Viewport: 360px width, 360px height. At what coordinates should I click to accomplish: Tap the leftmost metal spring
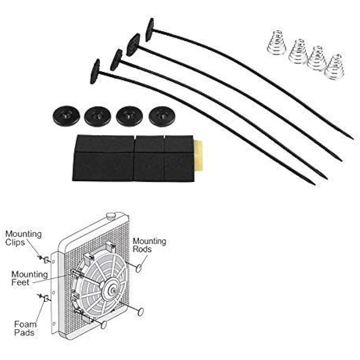click(276, 42)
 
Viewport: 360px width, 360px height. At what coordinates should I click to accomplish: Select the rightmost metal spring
click(334, 67)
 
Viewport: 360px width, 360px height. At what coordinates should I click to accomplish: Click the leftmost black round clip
click(65, 116)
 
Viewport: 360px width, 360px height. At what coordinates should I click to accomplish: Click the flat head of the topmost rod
click(150, 30)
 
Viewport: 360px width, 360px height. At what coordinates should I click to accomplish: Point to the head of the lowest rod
click(95, 71)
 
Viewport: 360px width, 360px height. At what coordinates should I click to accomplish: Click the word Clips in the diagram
click(15, 242)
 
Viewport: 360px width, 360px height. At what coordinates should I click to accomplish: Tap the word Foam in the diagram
click(25, 324)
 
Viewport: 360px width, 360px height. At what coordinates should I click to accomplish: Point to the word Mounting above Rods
click(149, 241)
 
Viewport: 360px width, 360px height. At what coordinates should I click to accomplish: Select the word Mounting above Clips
click(23, 234)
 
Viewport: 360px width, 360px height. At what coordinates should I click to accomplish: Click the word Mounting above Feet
click(30, 274)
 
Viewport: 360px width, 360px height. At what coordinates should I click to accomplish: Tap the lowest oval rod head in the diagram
click(104, 325)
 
